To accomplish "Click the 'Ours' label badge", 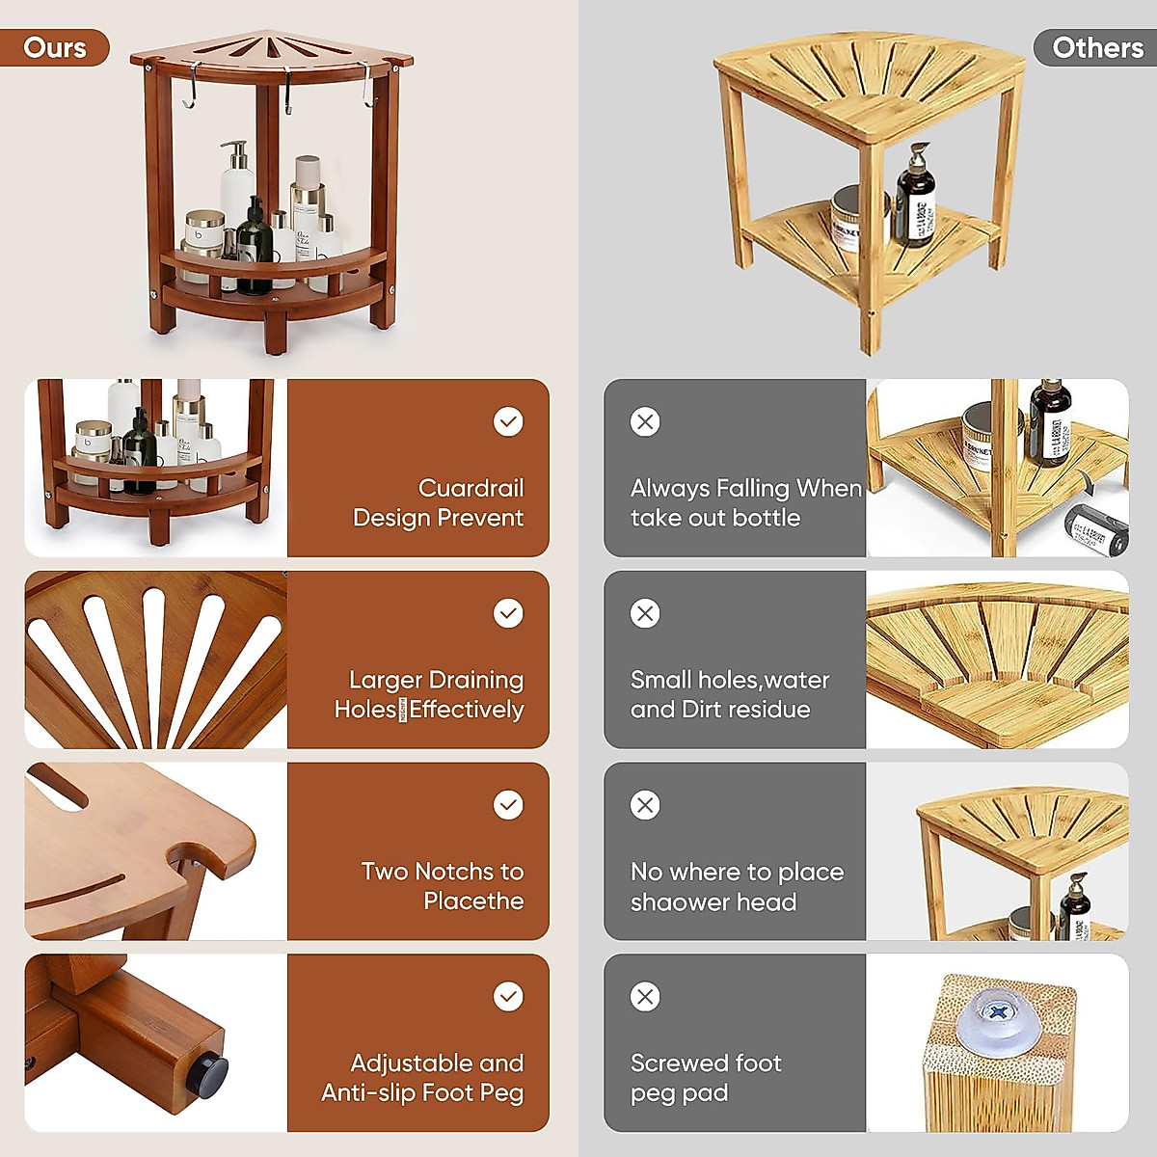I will [x=54, y=48].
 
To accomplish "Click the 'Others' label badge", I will [x=1096, y=48].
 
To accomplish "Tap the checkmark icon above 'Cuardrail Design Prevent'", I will [x=508, y=421].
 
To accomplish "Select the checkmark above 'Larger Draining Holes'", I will [x=508, y=613].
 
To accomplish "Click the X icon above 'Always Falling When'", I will [x=645, y=421].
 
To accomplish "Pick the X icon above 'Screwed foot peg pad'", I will [x=645, y=996].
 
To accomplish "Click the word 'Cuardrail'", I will [x=471, y=488].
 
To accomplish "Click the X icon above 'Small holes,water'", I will [x=645, y=613].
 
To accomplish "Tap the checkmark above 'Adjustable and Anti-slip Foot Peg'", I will [x=508, y=996].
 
